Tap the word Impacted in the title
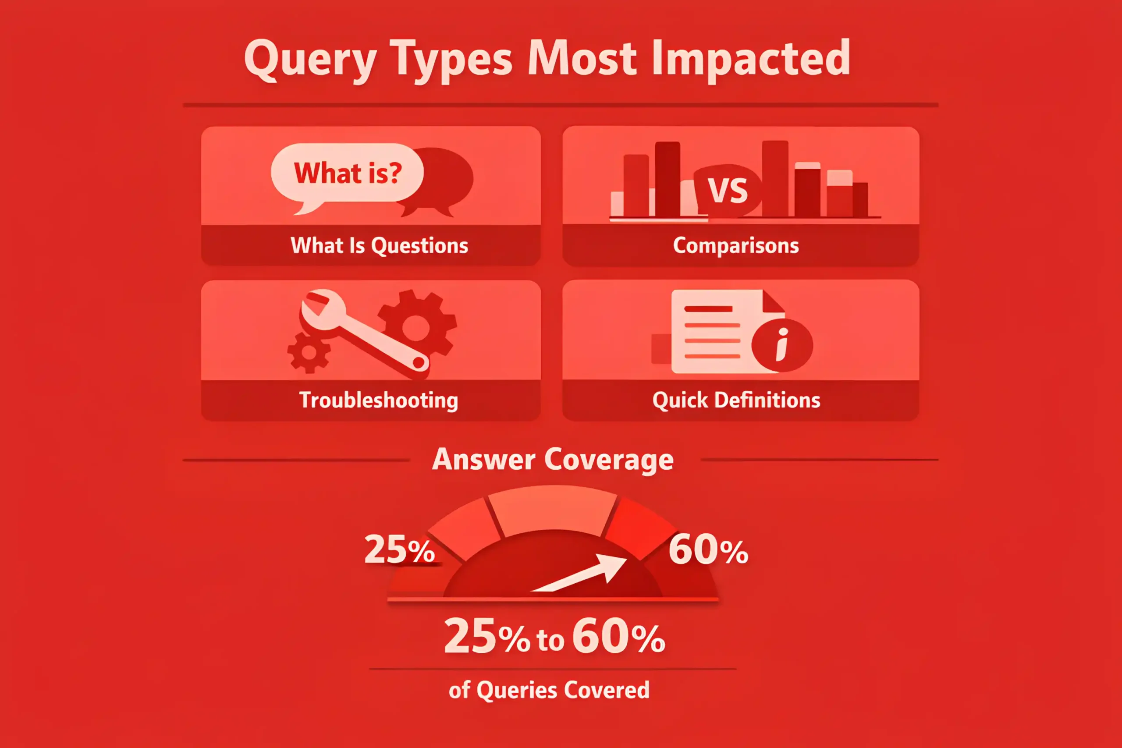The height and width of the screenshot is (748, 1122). tap(751, 59)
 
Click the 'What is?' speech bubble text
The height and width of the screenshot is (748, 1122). tap(348, 173)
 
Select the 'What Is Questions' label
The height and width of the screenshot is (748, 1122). tap(379, 246)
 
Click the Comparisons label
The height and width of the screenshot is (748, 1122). tap(735, 246)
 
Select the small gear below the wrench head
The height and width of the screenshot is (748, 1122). tap(309, 353)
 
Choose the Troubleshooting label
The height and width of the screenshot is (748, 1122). tap(379, 400)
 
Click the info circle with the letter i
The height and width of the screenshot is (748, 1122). tap(782, 344)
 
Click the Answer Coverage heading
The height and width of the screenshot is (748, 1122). tap(553, 460)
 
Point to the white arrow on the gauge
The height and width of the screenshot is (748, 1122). tap(579, 574)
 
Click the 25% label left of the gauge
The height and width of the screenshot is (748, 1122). tap(399, 549)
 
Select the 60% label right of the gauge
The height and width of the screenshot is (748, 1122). tap(708, 549)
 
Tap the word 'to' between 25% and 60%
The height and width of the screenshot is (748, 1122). tap(550, 640)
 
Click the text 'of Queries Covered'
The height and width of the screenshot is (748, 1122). tap(549, 690)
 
